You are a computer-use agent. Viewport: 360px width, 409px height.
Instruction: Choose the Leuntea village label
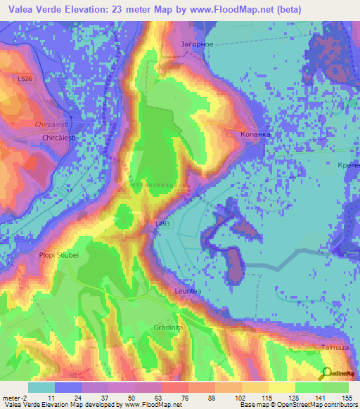pos(188,290)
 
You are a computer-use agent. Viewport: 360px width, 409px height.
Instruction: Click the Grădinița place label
pos(168,327)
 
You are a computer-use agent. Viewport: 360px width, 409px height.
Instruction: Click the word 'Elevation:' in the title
pos(99,9)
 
